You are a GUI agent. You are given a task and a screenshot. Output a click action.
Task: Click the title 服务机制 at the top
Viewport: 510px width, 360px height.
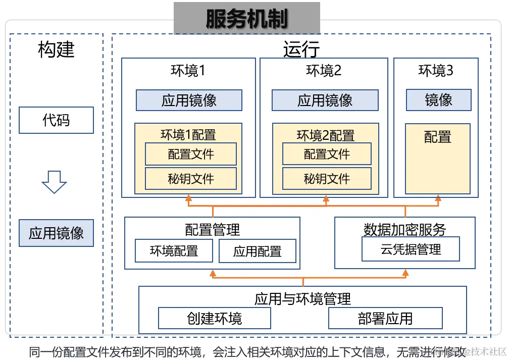coord(247,19)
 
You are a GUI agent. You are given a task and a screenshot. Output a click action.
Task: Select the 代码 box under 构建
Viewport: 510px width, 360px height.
coord(56,120)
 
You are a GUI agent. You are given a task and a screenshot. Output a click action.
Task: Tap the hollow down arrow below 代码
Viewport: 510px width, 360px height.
coord(54,182)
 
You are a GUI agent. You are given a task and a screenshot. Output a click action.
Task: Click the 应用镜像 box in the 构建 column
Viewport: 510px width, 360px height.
coord(56,233)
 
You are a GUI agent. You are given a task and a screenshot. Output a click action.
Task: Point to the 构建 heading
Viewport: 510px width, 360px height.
coord(56,49)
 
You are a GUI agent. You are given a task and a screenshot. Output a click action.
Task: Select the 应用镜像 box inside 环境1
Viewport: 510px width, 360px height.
coord(189,100)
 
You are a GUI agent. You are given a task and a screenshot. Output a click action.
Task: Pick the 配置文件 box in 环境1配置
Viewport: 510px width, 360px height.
coord(190,154)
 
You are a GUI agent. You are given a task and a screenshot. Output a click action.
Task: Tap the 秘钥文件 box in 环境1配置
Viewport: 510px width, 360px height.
coord(190,178)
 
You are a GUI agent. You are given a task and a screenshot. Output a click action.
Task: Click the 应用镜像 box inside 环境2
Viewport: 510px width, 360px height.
coord(325,100)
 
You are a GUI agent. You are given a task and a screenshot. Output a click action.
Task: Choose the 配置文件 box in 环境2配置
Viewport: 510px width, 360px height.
coord(327,154)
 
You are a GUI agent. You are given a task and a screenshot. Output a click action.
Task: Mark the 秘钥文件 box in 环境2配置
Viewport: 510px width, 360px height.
coord(327,178)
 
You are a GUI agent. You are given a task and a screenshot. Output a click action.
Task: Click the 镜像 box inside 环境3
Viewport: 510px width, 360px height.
coord(438,100)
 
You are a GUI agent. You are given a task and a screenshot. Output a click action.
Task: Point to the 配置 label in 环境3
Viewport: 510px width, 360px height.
coord(437,137)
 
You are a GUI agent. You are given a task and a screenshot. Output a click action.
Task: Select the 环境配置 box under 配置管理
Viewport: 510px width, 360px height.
coord(174,251)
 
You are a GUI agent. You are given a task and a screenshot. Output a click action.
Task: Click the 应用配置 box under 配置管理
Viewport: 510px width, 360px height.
coord(257,251)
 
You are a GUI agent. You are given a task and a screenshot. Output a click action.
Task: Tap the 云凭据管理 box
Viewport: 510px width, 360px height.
coord(411,249)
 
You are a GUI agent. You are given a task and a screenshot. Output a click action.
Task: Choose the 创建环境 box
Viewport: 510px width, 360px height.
coord(214,318)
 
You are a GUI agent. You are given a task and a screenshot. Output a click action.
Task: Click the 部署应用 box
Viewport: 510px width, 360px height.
coord(385,318)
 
